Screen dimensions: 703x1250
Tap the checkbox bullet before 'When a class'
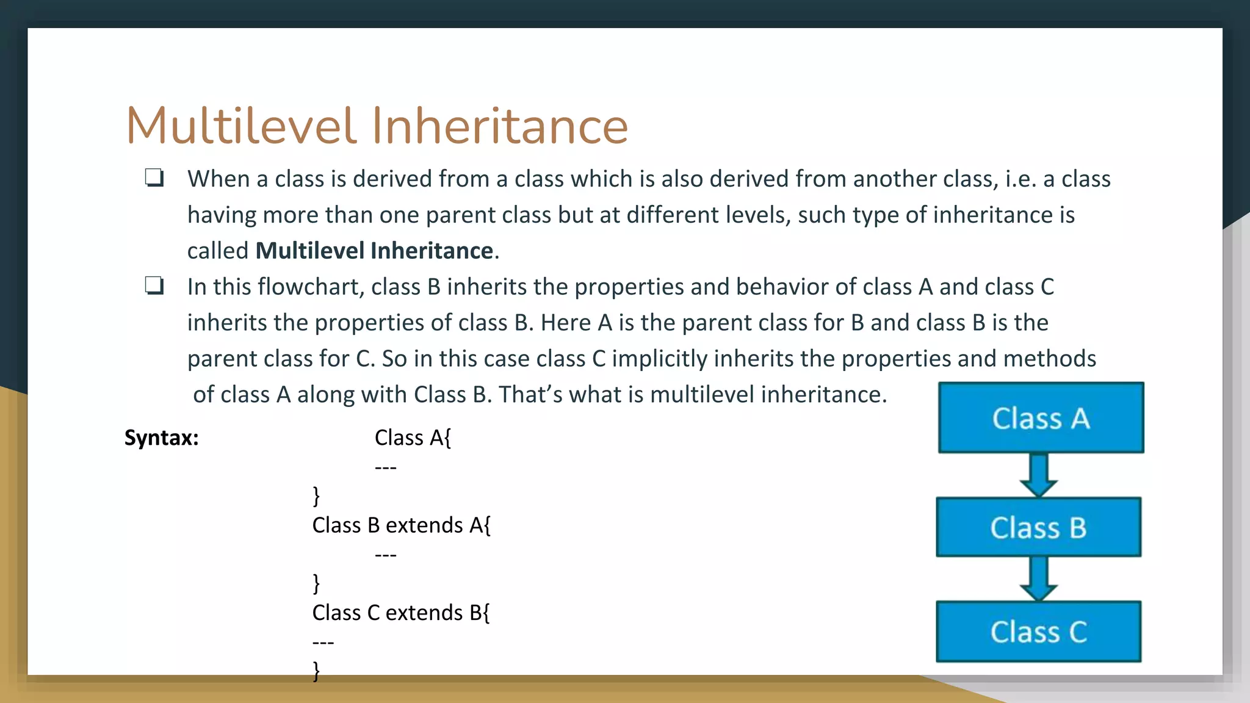coord(154,178)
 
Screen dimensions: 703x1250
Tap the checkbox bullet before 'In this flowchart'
coord(154,286)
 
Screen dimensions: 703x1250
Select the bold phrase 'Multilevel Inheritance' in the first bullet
coord(374,251)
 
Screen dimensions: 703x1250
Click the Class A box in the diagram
coord(1041,418)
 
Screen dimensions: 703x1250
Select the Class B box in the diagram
coord(1038,527)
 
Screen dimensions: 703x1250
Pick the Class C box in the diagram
coord(1038,632)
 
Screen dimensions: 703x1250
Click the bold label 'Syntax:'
coord(162,438)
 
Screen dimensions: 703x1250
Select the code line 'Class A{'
coord(413,438)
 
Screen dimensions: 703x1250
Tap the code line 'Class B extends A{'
coord(401,525)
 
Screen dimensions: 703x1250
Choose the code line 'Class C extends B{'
coord(400,612)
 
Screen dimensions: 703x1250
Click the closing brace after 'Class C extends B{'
coord(316,671)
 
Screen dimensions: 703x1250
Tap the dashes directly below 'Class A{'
coord(386,467)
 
